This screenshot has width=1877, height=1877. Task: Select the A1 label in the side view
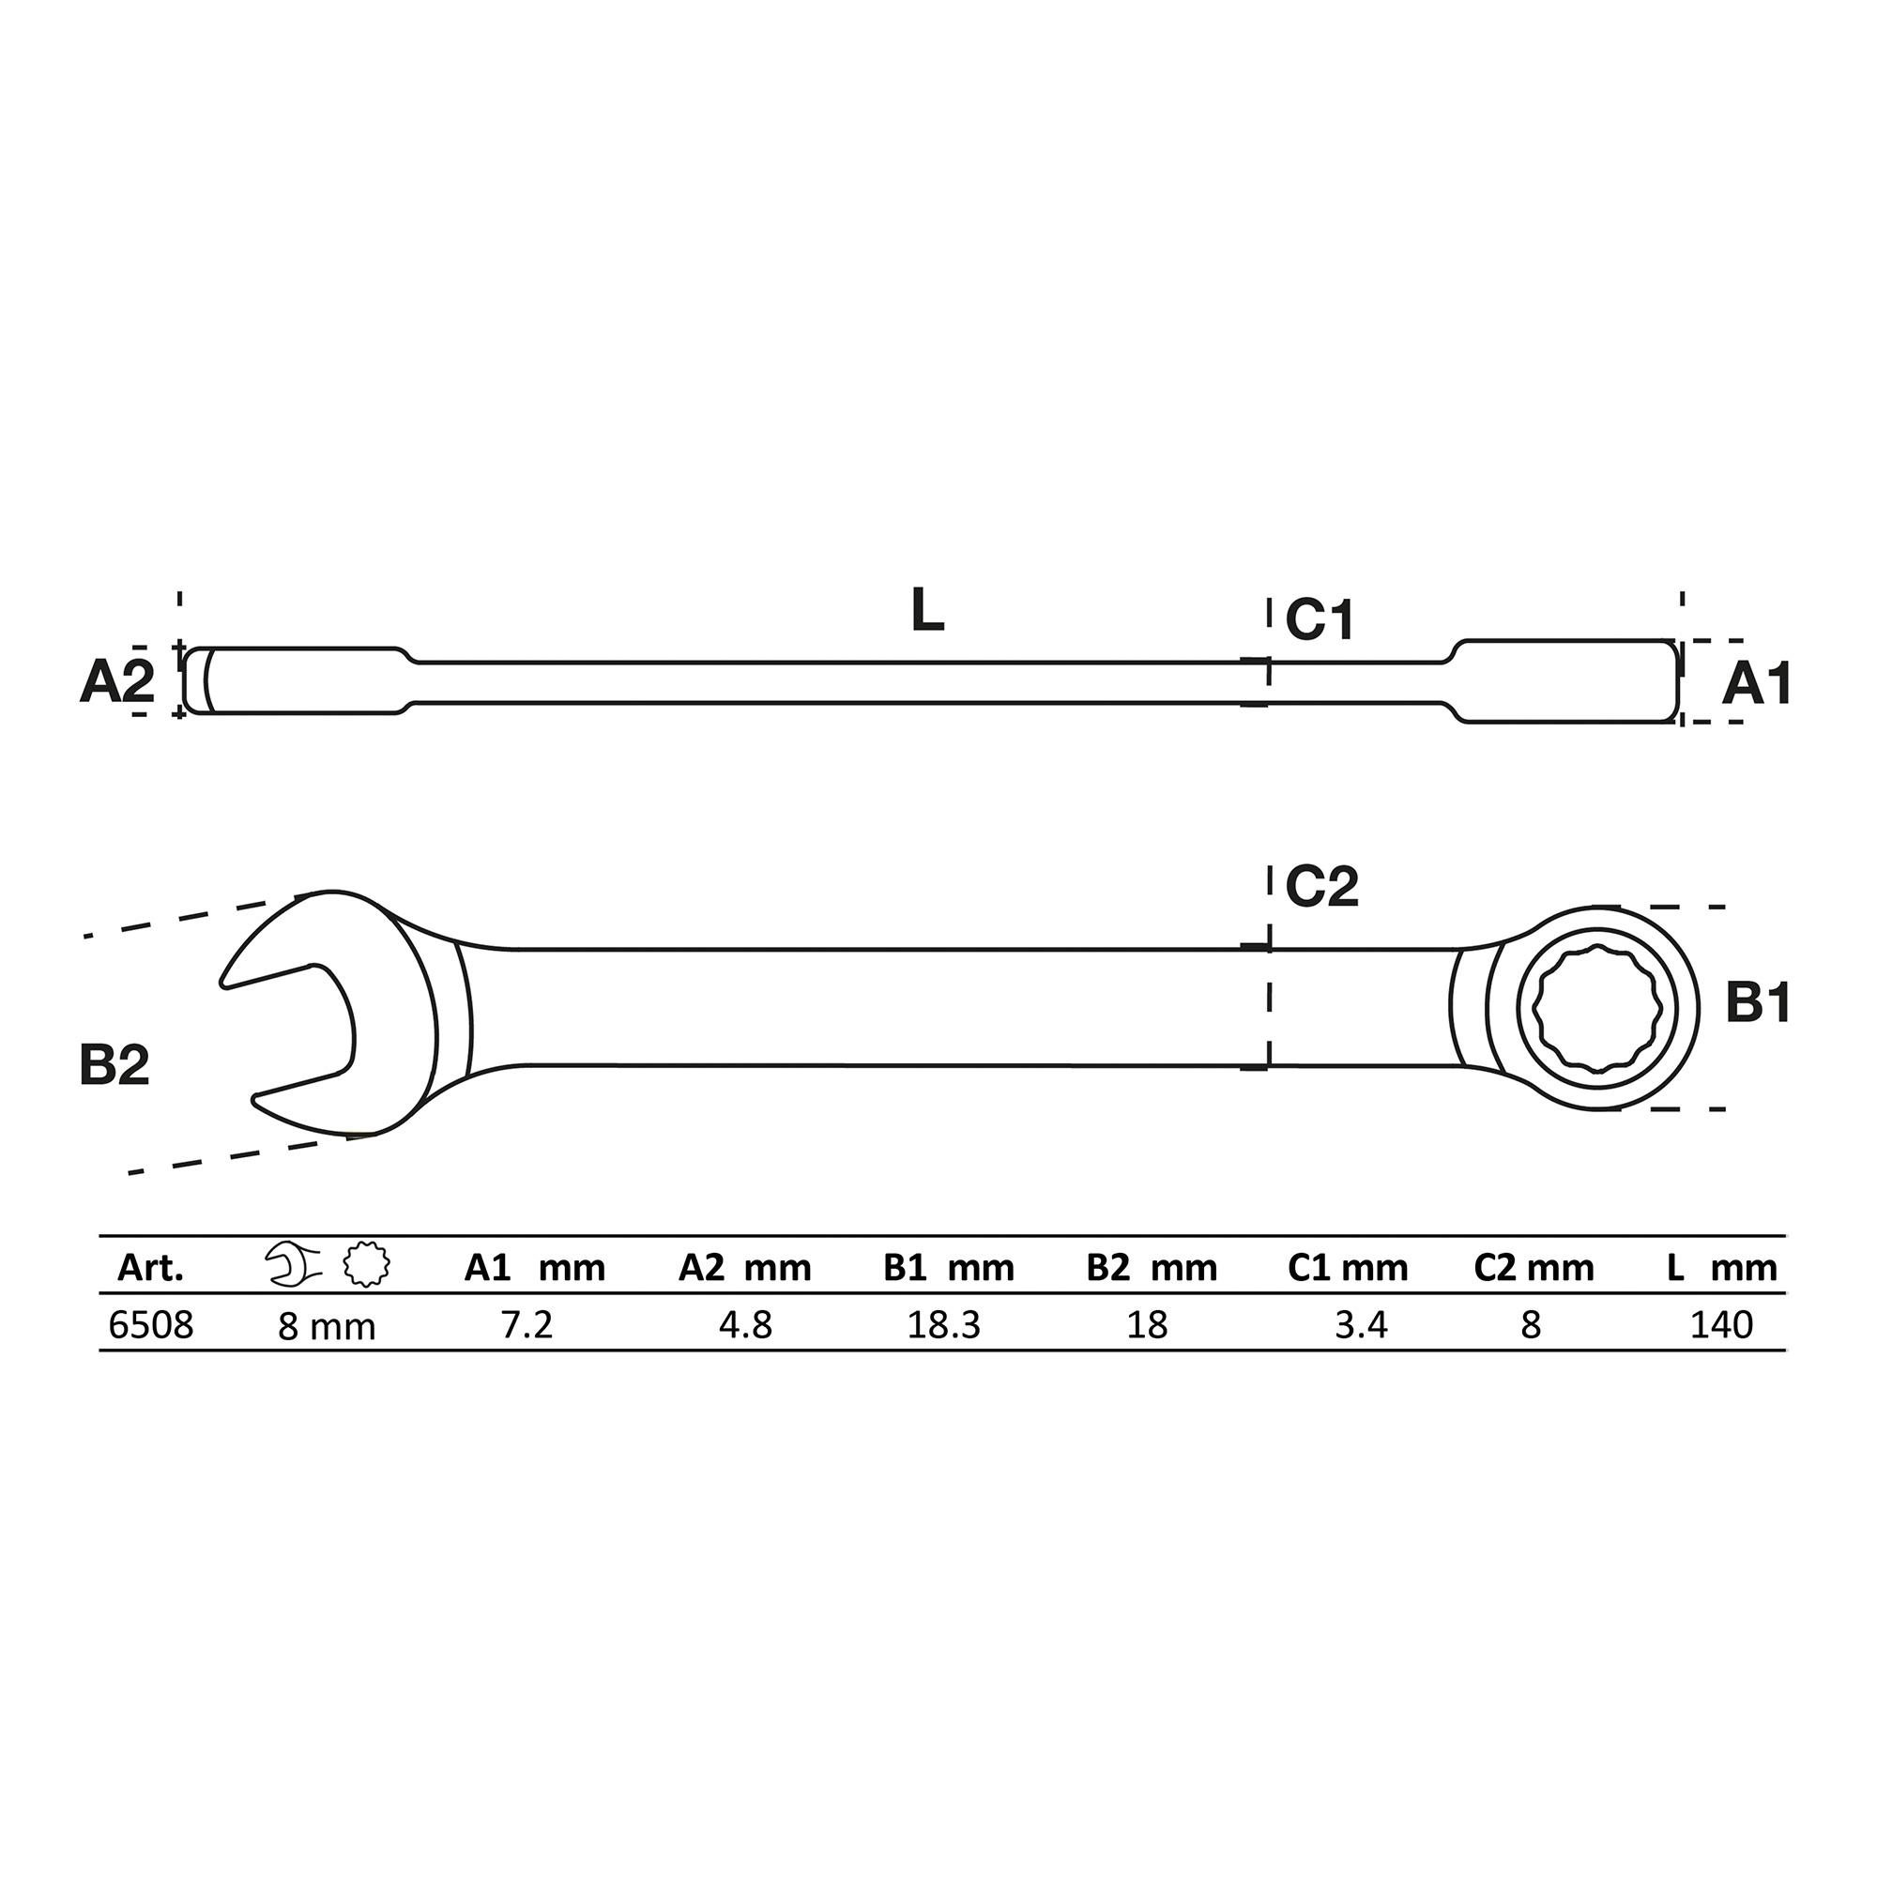point(1756,684)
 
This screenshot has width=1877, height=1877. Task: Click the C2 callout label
point(1321,886)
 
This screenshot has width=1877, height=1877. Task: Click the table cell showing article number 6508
point(150,1324)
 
